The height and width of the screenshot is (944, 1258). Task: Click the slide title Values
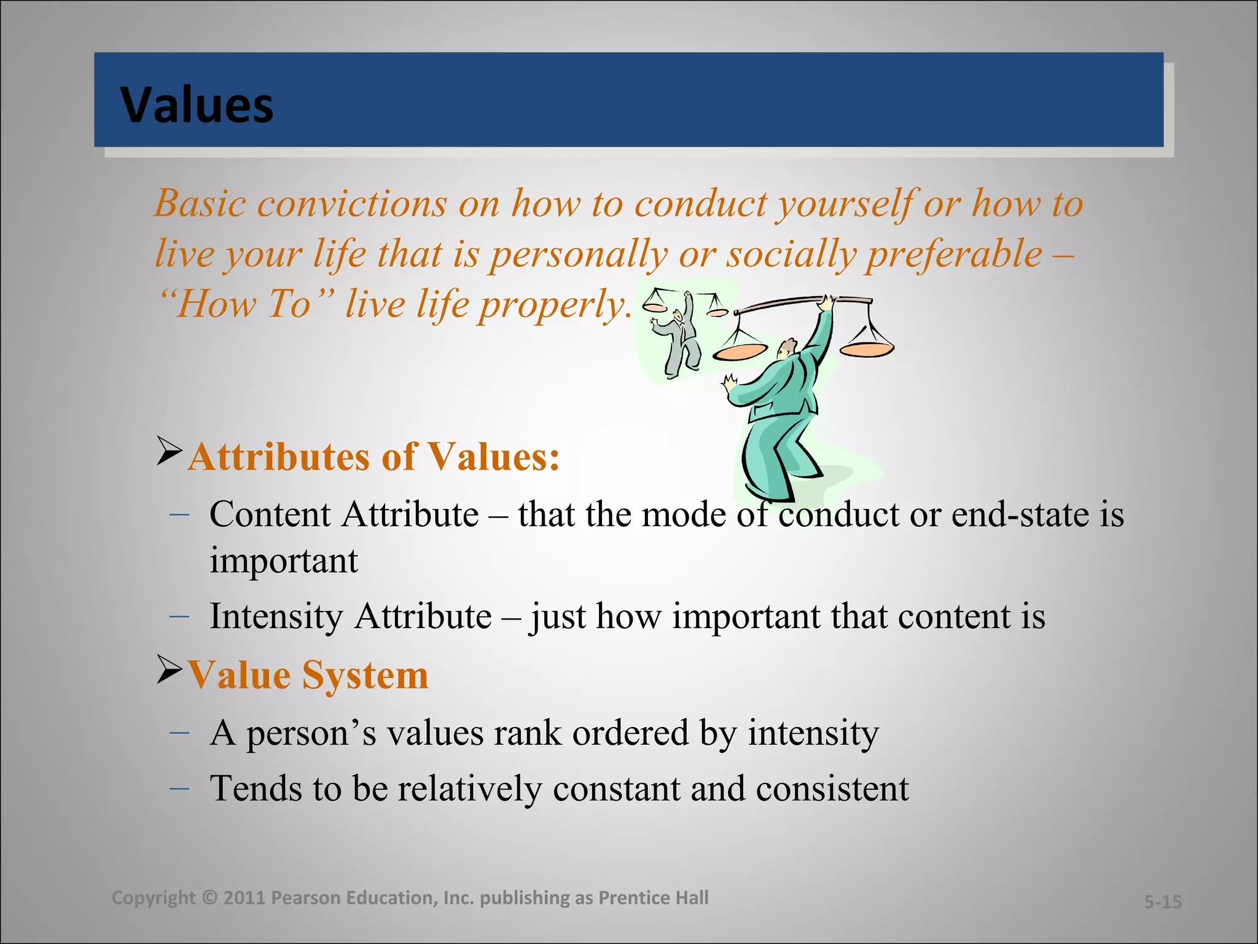point(197,105)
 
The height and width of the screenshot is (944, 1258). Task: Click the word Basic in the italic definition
point(200,203)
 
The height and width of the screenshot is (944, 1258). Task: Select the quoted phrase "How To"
point(246,304)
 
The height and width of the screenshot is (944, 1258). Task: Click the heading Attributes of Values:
point(373,457)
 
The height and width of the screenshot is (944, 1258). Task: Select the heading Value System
point(307,675)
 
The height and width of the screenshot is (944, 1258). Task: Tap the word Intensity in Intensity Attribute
point(276,616)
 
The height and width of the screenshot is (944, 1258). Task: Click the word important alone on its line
point(283,561)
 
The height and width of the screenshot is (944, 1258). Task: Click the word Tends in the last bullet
point(255,789)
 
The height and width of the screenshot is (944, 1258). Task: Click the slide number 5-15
point(1162,902)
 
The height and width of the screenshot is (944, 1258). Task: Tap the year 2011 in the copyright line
point(244,898)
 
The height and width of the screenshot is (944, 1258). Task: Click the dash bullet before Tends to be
point(179,787)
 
